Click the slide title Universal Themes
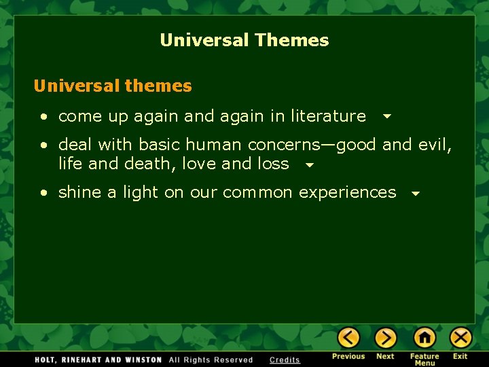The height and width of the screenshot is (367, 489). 244,40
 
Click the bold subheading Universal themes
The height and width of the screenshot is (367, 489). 113,86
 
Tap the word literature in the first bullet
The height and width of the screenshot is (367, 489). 328,116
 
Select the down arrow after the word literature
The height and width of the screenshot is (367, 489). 386,117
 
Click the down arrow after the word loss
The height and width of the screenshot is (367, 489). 309,164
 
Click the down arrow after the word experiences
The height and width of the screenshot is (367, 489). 416,194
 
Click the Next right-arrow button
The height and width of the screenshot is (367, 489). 385,338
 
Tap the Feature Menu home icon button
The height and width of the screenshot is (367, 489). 424,338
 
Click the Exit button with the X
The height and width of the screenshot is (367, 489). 460,338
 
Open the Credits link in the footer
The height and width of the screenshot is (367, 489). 285,360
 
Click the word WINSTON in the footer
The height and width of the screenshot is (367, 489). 142,360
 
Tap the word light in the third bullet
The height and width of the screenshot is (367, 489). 141,193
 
